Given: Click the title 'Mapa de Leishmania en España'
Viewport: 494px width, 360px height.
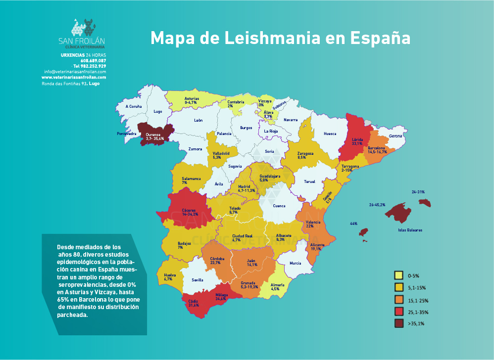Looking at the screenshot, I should pyautogui.click(x=281, y=38).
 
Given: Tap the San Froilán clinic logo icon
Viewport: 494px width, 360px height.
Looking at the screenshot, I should pyautogui.click(x=82, y=28).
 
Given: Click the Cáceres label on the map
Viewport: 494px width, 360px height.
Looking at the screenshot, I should pyautogui.click(x=191, y=212).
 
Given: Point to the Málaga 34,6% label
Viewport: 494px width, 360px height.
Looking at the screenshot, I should pyautogui.click(x=221, y=297).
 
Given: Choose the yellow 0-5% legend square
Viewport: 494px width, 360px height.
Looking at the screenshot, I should pyautogui.click(x=397, y=275).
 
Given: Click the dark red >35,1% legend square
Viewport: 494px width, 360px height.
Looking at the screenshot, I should pyautogui.click(x=397, y=323).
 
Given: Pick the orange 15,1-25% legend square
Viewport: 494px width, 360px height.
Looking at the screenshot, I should pyautogui.click(x=397, y=300).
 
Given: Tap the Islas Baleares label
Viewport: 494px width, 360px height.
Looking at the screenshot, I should pyautogui.click(x=410, y=230).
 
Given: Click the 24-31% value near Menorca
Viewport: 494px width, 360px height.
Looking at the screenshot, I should pyautogui.click(x=418, y=192).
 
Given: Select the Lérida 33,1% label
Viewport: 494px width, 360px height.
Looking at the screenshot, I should pyautogui.click(x=357, y=141).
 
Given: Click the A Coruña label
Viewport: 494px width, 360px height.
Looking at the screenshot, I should pyautogui.click(x=134, y=106).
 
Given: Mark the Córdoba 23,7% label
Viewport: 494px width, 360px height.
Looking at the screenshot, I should pyautogui.click(x=217, y=261).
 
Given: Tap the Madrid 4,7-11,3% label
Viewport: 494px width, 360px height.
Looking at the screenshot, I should pyautogui.click(x=246, y=188).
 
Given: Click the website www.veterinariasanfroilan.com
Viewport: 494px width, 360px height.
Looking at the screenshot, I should pyautogui.click(x=74, y=78).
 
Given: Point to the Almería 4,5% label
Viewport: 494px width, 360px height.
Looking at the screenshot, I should pyautogui.click(x=279, y=287).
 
